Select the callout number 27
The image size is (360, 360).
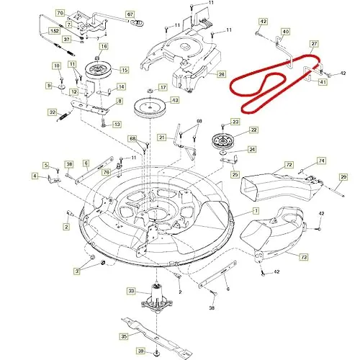pos(314,44)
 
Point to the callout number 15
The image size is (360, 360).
pos(124,70)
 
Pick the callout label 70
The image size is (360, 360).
pos(60,13)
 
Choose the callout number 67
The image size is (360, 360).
pos(130,14)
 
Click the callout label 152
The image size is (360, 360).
pos(54,31)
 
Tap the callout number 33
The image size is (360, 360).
pos(131,291)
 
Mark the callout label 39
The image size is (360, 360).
pos(142,351)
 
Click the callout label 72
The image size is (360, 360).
pos(289,165)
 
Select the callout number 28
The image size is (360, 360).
pos(222,73)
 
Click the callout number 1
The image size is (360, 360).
pos(254,210)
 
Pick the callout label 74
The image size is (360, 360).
pos(321,161)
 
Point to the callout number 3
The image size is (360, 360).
pos(76,269)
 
